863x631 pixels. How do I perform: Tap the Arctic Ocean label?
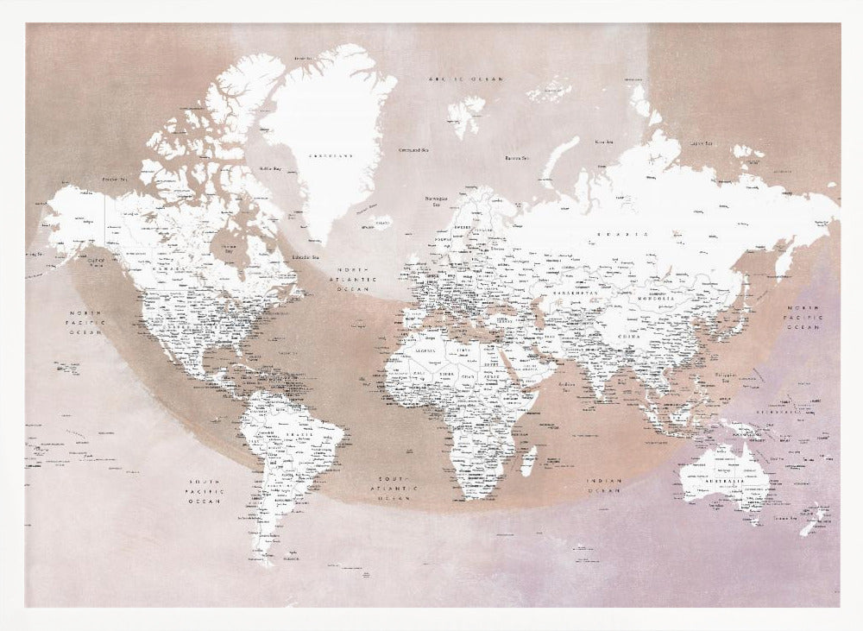pos(467,79)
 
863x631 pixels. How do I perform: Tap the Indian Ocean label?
pos(604,486)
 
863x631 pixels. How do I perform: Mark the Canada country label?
pos(161,267)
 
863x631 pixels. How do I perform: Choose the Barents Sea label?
pos(516,158)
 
